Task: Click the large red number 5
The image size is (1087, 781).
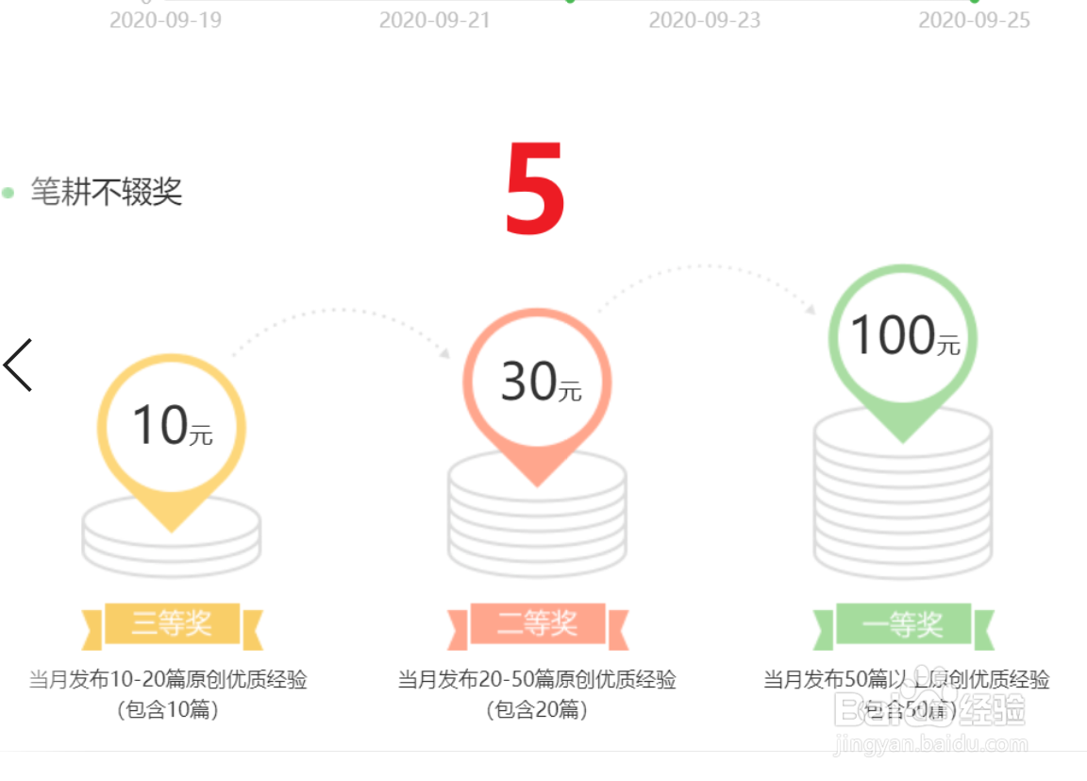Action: pyautogui.click(x=535, y=189)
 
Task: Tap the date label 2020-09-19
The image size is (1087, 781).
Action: pyautogui.click(x=165, y=20)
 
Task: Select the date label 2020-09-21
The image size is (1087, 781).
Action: pyautogui.click(x=435, y=20)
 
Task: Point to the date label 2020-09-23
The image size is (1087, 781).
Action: pyautogui.click(x=704, y=20)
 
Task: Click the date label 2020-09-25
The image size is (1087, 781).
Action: pyautogui.click(x=974, y=20)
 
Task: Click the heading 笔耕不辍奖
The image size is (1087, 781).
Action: pyautogui.click(x=106, y=192)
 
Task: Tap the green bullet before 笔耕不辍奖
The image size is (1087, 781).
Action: pyautogui.click(x=8, y=193)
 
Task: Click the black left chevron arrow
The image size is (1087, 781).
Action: pyautogui.click(x=18, y=365)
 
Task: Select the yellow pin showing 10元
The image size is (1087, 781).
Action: pyautogui.click(x=172, y=425)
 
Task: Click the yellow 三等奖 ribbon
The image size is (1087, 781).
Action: pyautogui.click(x=172, y=624)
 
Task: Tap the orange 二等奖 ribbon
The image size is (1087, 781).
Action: pyautogui.click(x=538, y=624)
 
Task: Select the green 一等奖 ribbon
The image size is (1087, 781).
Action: pyautogui.click(x=903, y=624)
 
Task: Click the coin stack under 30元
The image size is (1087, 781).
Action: pyautogui.click(x=538, y=529)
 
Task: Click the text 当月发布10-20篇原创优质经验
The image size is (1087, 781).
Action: pyautogui.click(x=168, y=680)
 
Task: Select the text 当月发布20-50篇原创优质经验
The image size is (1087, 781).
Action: pyautogui.click(x=537, y=680)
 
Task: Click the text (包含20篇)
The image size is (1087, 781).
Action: pyautogui.click(x=537, y=710)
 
